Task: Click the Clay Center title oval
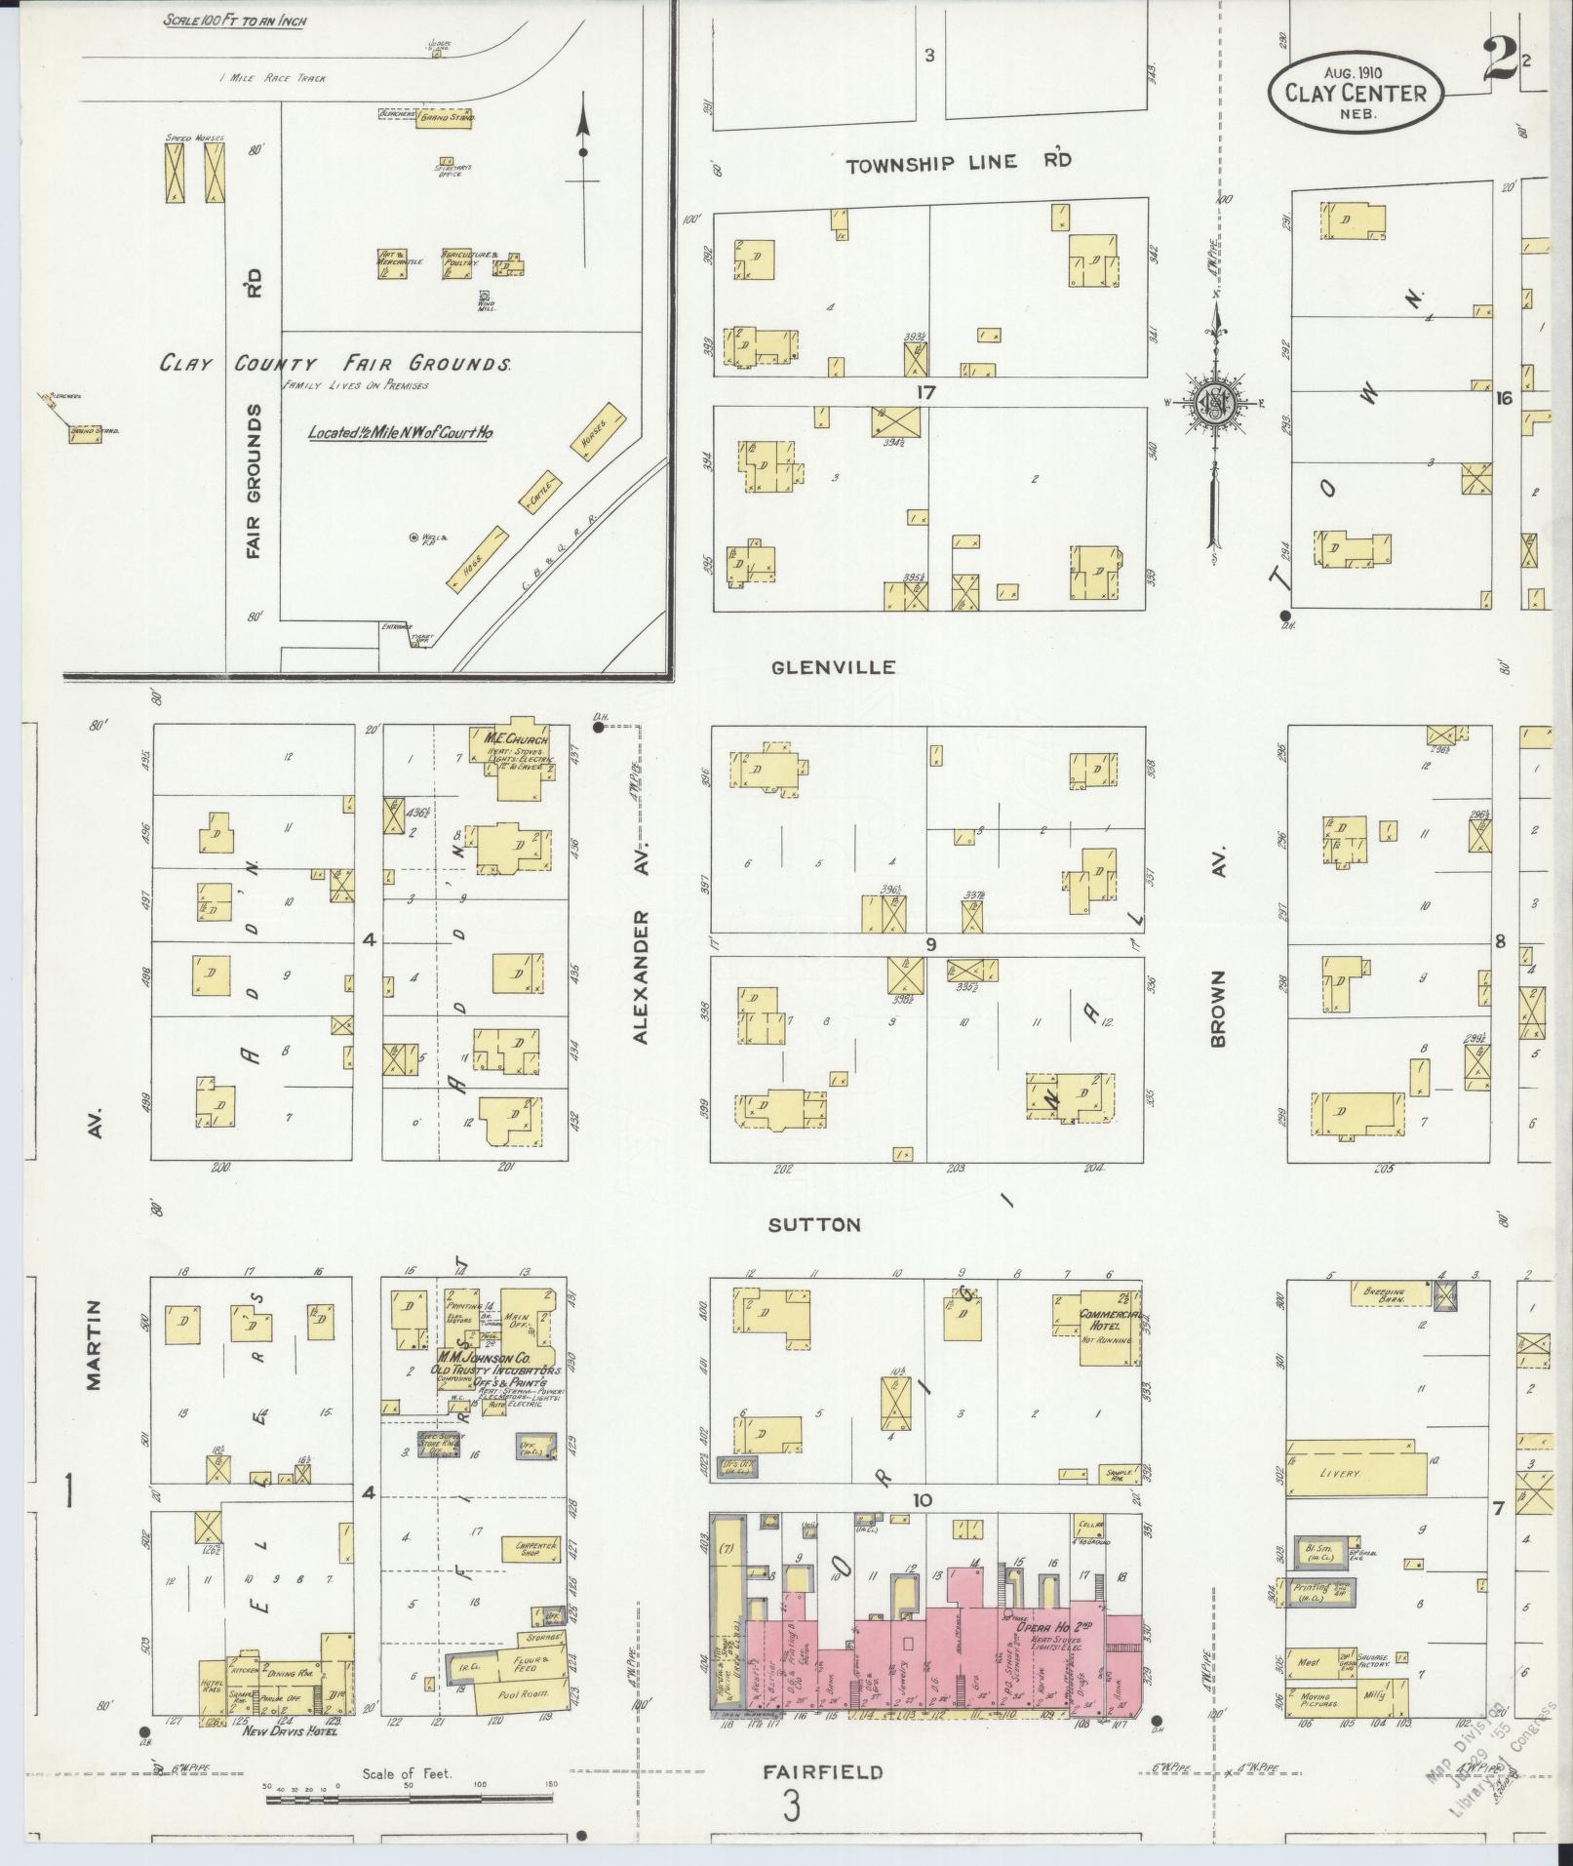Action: tap(1355, 92)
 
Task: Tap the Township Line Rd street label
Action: tap(958, 163)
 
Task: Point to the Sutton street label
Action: tap(814, 1225)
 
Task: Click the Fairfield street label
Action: tap(824, 1771)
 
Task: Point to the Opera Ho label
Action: tap(1042, 1626)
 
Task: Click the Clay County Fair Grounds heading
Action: tap(336, 364)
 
